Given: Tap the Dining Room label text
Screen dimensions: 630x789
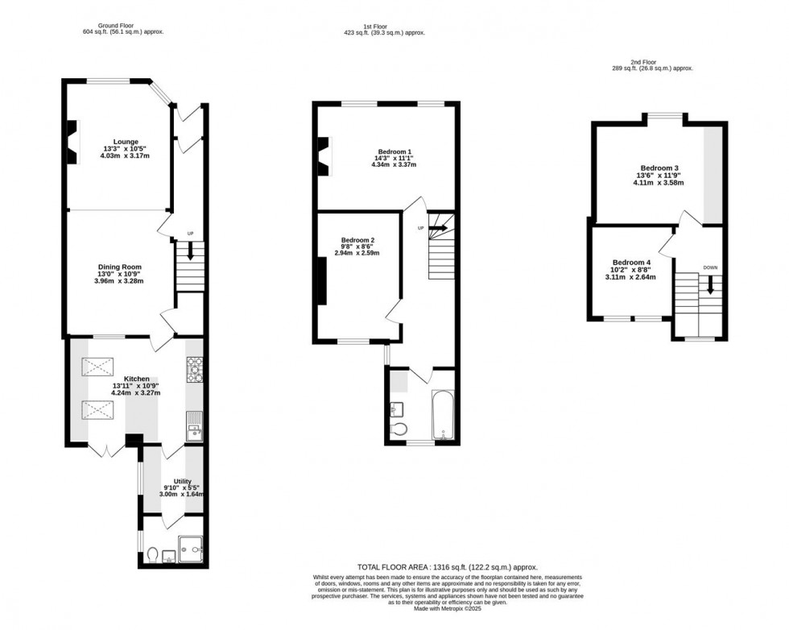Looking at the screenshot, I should pos(120,267).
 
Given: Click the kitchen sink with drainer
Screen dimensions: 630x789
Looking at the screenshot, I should pos(194,425).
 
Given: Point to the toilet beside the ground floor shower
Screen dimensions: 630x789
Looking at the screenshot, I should pos(153,554).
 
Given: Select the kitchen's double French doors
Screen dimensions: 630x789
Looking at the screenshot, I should pos(106,449).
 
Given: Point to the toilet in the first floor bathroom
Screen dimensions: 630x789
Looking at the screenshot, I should pos(400,429).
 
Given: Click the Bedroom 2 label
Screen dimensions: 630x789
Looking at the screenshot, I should pos(357,240).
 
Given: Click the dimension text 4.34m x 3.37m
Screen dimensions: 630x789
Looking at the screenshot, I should pos(394,165).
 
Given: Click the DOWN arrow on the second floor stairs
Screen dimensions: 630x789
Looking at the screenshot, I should pos(710,284).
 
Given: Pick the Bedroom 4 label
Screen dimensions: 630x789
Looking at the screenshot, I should pos(630,263).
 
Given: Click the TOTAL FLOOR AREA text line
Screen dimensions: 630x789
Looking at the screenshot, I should pos(447,567).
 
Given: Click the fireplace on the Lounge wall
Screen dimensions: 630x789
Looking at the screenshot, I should pos(72,142).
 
